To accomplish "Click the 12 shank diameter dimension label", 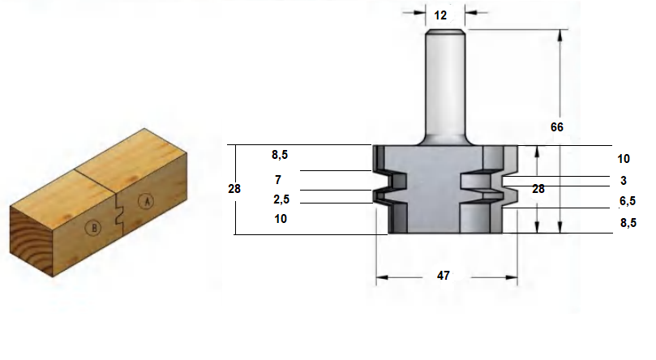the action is tap(440, 15).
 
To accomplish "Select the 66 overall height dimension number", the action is tap(557, 127).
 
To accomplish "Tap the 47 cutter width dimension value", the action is tap(443, 276).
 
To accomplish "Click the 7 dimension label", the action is tap(278, 180).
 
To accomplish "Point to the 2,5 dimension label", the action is tap(281, 199).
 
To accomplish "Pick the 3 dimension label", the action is tap(624, 181).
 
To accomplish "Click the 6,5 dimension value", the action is tap(628, 201).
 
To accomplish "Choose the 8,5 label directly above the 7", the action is tap(280, 155).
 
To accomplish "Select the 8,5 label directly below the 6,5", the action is tap(628, 223).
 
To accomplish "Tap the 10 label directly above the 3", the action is tap(624, 159).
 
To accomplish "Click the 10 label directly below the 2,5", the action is tap(281, 219).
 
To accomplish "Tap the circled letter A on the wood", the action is tap(146, 202).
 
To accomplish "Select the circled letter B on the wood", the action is tap(93, 228).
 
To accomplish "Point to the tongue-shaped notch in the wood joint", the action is tap(118, 212).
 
